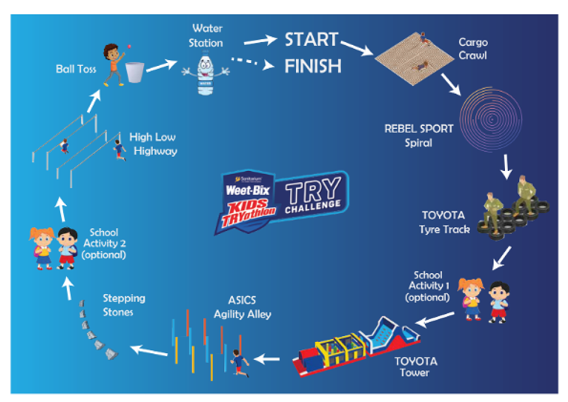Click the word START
tap(311, 40)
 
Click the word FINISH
tap(313, 66)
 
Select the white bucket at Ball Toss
tap(134, 72)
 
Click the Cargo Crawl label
tap(473, 49)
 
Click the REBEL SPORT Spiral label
tap(419, 135)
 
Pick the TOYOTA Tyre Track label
tap(444, 223)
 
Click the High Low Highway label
tap(153, 144)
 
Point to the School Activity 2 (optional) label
tap(104, 244)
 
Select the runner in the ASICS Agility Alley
tap(239, 362)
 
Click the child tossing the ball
tap(114, 64)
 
